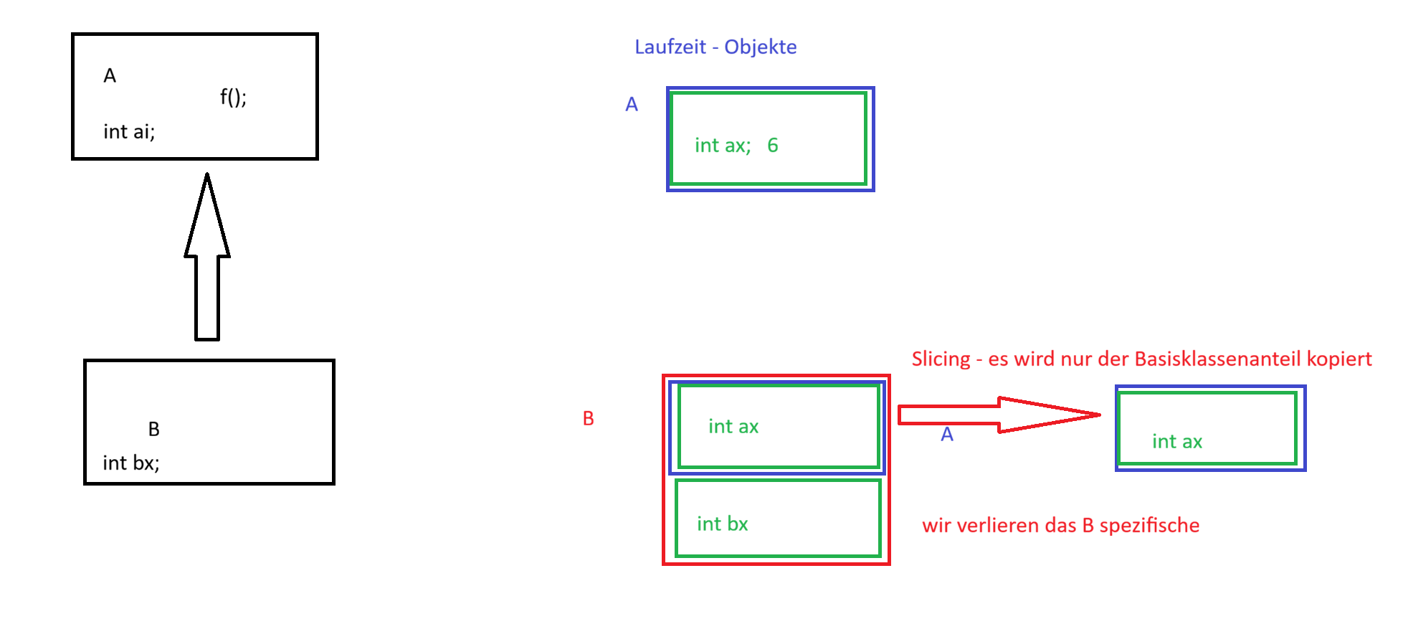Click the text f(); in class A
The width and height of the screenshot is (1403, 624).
(x=233, y=97)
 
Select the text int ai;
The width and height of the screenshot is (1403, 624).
(x=129, y=132)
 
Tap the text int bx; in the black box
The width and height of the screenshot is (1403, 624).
(x=131, y=463)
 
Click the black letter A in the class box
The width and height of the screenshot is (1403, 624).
(x=110, y=76)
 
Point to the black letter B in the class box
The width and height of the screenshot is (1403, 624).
(x=154, y=430)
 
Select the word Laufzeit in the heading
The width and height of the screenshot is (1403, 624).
(x=670, y=47)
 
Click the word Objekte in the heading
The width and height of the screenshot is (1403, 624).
(x=761, y=47)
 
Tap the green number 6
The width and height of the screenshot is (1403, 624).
(x=773, y=146)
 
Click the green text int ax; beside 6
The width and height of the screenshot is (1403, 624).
(x=723, y=146)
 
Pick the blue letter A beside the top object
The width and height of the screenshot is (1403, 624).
(x=632, y=105)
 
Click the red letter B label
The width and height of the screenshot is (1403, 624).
(x=589, y=419)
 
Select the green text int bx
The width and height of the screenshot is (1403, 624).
(x=723, y=524)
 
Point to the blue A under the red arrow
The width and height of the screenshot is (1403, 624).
(x=947, y=435)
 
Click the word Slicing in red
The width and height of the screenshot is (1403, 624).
(x=941, y=359)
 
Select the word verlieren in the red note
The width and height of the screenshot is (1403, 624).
(x=998, y=526)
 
